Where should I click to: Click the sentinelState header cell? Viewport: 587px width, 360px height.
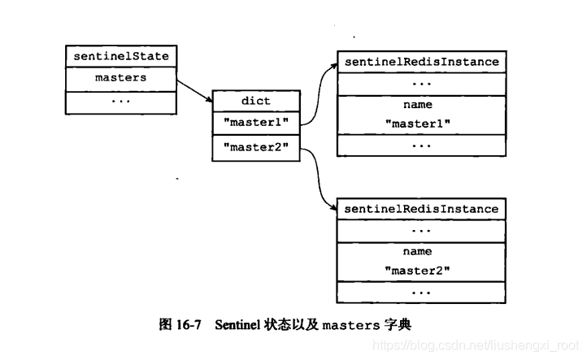coord(120,57)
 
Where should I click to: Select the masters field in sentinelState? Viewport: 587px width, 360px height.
coord(120,78)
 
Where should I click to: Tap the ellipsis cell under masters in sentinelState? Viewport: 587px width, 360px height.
coord(120,101)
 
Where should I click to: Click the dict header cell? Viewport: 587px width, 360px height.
coord(256,102)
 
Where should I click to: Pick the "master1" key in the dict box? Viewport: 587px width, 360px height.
coord(256,124)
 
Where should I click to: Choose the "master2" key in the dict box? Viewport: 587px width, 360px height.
coord(256,148)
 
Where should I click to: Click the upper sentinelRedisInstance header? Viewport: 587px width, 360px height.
coord(421,62)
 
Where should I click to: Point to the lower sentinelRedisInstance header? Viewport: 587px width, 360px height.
coord(421,209)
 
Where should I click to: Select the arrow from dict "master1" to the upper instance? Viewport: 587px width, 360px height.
coord(317,89)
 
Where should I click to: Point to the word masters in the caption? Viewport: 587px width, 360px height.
coord(350,324)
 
